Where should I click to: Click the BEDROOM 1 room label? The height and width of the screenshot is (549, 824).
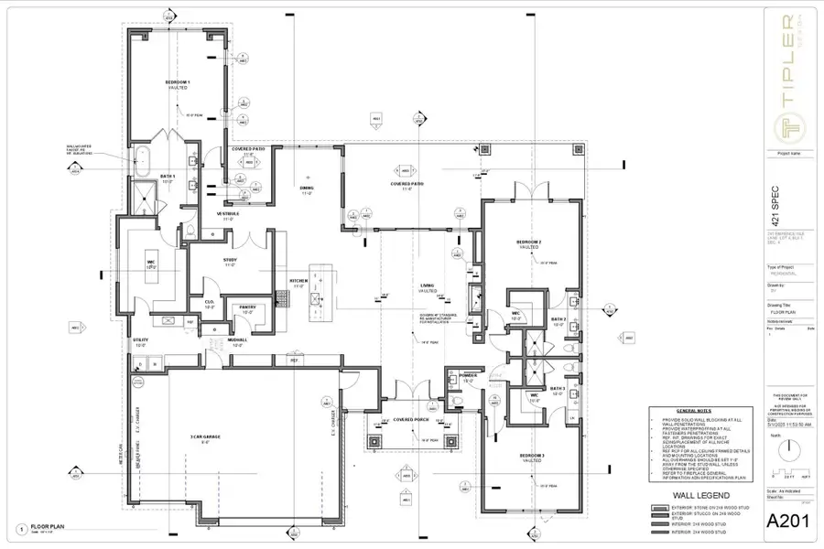(x=177, y=82)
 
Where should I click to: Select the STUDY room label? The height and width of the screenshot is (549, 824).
(x=231, y=261)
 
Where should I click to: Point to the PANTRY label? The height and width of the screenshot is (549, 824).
(x=247, y=307)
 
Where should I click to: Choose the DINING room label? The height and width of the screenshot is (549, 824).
(x=308, y=188)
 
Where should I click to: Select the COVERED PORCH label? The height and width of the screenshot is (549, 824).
(x=412, y=419)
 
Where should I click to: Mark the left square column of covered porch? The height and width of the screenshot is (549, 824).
(x=374, y=438)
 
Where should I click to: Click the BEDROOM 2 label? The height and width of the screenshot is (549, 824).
(x=530, y=242)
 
